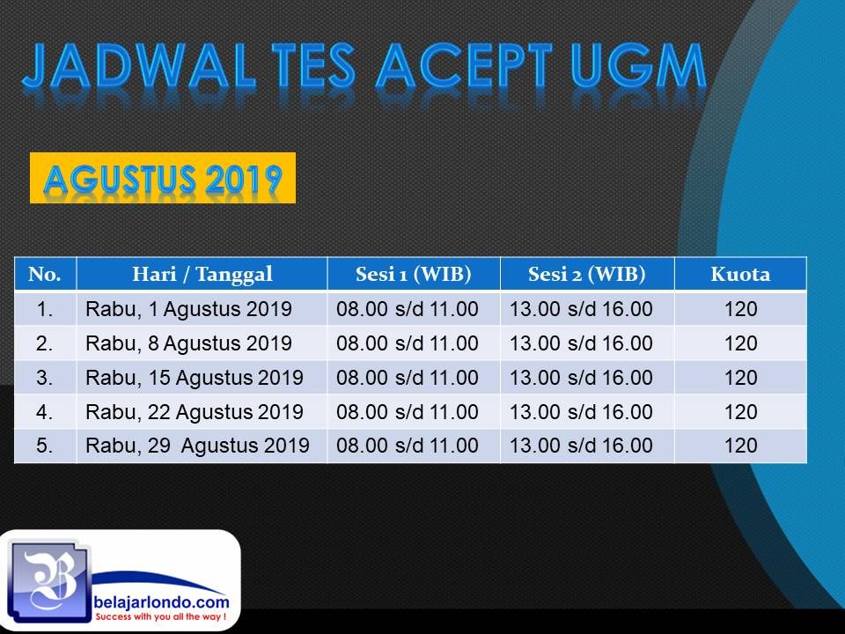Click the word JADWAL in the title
coord(138,66)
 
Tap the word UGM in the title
coord(638,66)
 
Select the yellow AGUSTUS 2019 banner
coord(163,179)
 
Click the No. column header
coord(45,275)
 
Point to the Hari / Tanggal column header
coord(202,275)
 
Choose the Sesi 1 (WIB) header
coord(414,275)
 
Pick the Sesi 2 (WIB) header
coord(587,275)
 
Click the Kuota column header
coord(740,275)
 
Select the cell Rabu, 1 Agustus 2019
coord(188,309)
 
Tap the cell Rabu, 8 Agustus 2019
coord(188,343)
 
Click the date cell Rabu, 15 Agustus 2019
coord(194,378)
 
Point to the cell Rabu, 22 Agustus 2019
coord(194,412)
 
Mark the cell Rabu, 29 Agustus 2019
coord(197,446)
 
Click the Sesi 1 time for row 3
coord(408,378)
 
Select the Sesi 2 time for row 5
coord(581,446)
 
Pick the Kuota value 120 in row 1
coord(740,309)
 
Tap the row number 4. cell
coord(44,412)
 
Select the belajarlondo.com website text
coord(161,602)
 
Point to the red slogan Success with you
coord(160,616)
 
